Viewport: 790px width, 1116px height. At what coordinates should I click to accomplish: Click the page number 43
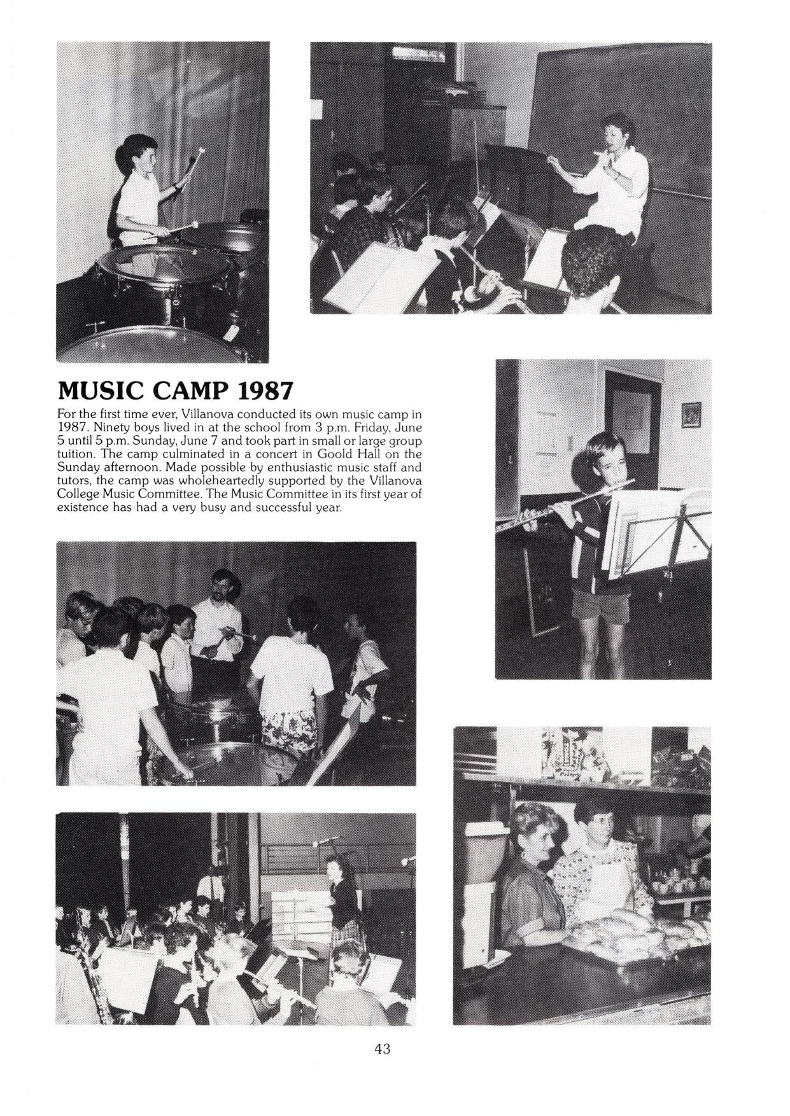click(383, 1049)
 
